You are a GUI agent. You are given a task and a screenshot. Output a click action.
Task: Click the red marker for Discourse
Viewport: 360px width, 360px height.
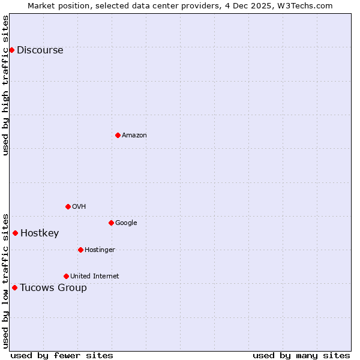(11, 50)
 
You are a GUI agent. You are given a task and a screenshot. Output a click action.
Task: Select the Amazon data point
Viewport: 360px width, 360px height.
(118, 135)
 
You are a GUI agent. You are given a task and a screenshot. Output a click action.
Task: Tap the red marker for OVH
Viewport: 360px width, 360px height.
(68, 206)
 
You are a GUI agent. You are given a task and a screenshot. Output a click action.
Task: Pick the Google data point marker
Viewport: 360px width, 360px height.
(111, 223)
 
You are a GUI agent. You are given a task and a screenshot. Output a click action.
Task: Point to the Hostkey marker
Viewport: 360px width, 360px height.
(15, 233)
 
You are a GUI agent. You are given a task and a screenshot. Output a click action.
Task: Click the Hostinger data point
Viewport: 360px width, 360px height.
(80, 250)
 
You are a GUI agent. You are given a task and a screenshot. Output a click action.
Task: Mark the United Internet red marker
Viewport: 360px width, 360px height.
(66, 276)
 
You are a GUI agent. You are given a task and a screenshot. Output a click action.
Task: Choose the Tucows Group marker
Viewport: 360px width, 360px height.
(14, 287)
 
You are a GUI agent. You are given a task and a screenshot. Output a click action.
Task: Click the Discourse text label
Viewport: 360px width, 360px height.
(40, 50)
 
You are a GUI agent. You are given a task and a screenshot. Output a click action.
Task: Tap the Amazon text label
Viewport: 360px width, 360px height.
(134, 136)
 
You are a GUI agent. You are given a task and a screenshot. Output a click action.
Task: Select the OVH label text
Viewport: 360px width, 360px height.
(79, 207)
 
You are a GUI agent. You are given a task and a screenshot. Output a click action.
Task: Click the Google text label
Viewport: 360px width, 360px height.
(126, 223)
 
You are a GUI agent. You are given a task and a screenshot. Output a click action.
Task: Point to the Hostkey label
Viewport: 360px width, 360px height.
(40, 233)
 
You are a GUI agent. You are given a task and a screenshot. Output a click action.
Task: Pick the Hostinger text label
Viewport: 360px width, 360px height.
(100, 250)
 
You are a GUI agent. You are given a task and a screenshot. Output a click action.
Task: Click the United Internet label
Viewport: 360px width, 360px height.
(94, 277)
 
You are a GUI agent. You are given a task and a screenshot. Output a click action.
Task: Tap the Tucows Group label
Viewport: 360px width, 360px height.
(53, 288)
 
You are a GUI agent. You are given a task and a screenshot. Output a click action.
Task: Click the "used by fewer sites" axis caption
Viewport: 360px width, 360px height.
(62, 355)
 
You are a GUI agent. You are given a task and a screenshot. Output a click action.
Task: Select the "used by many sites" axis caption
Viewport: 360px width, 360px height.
(301, 355)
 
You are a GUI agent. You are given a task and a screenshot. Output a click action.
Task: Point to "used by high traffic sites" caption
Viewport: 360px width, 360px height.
(6, 85)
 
